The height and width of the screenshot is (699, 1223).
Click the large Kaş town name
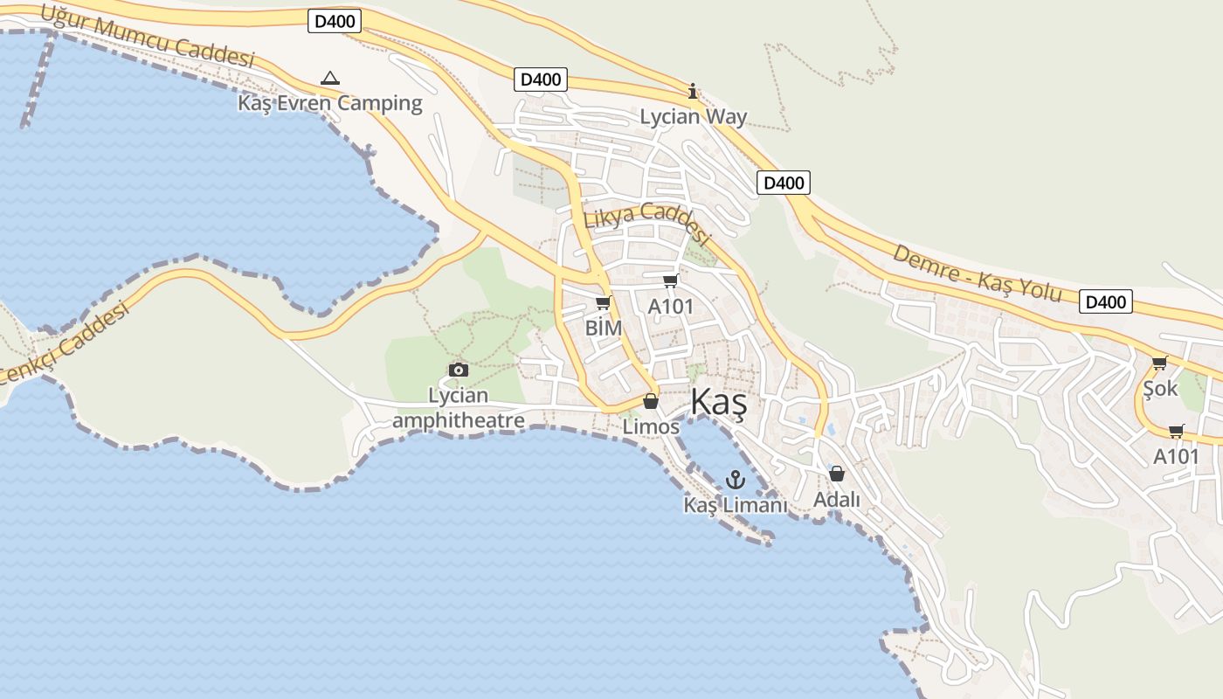pyautogui.click(x=718, y=403)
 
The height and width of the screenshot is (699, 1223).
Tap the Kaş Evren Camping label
pyautogui.click(x=330, y=103)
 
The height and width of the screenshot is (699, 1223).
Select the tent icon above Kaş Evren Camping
pyautogui.click(x=329, y=79)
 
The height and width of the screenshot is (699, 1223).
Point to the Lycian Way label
pyautogui.click(x=694, y=116)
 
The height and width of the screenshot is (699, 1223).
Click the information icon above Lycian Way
pyautogui.click(x=693, y=91)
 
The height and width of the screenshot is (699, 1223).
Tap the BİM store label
pyautogui.click(x=604, y=328)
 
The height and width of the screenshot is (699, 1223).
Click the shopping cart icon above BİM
pyautogui.click(x=603, y=303)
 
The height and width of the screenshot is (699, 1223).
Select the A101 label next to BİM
pyautogui.click(x=670, y=307)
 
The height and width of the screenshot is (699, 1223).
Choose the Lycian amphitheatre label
pyautogui.click(x=459, y=408)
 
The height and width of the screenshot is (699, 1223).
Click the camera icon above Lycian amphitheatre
pyautogui.click(x=458, y=370)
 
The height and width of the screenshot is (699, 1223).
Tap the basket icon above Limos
pyautogui.click(x=651, y=401)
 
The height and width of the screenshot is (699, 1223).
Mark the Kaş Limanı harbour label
pyautogui.click(x=736, y=505)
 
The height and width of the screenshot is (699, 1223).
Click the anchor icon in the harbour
pyautogui.click(x=736, y=479)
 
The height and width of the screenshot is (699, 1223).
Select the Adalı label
pyautogui.click(x=837, y=500)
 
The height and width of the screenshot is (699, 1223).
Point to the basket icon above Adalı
pyautogui.click(x=837, y=474)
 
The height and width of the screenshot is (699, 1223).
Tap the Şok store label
pyautogui.click(x=1160, y=388)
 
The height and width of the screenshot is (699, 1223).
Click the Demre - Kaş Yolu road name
pyautogui.click(x=977, y=273)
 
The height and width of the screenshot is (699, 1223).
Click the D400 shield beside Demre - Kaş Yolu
pyautogui.click(x=1105, y=302)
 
